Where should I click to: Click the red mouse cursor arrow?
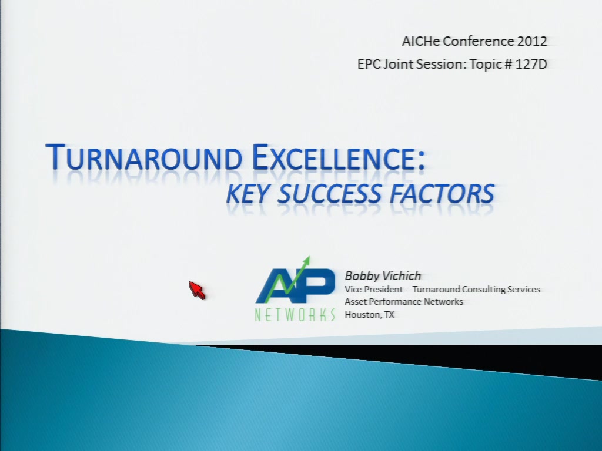(196, 290)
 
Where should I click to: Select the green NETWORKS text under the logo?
(295, 315)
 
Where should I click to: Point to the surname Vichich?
(401, 276)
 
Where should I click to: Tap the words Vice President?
(374, 289)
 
